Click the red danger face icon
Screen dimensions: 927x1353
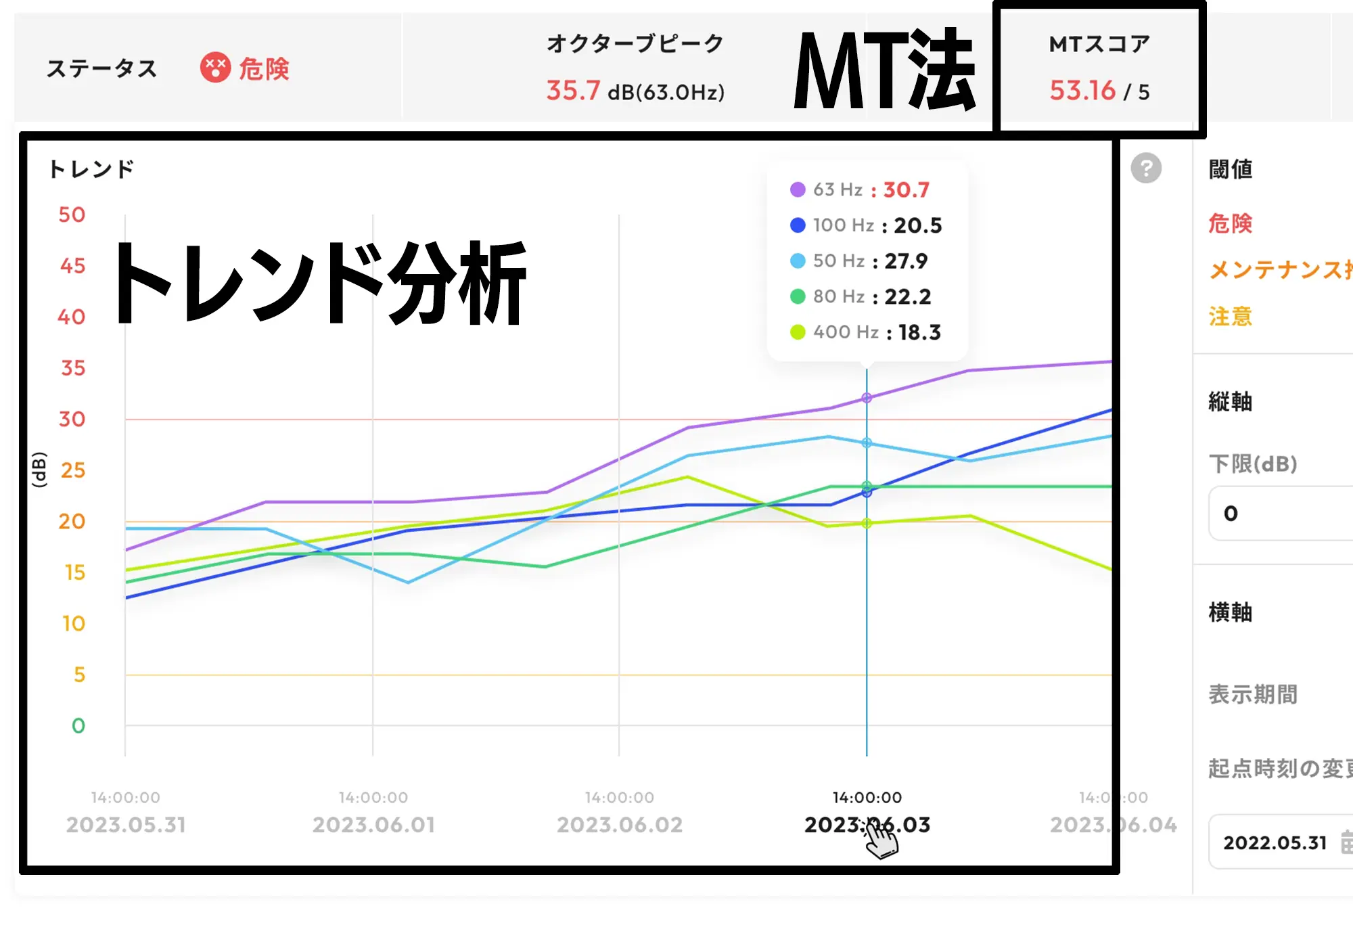pyautogui.click(x=215, y=68)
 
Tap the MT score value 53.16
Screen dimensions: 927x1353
pyautogui.click(x=1082, y=91)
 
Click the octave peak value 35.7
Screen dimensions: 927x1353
pyautogui.click(x=572, y=91)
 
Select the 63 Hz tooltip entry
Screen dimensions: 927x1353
pyautogui.click(x=860, y=190)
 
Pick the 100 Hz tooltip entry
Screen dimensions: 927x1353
pyautogui.click(x=865, y=225)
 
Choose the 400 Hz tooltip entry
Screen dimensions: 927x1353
pyautogui.click(x=865, y=332)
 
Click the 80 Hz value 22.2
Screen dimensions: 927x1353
pyautogui.click(x=907, y=296)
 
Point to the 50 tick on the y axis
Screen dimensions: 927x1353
pyautogui.click(x=72, y=215)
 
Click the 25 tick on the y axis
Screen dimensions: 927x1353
pyautogui.click(x=72, y=470)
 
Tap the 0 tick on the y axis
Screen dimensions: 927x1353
pyautogui.click(x=78, y=726)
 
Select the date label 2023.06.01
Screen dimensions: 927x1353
pyautogui.click(x=373, y=825)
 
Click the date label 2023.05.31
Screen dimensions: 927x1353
pyautogui.click(x=126, y=825)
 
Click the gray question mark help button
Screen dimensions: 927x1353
pyautogui.click(x=1146, y=168)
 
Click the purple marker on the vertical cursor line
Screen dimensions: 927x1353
pyautogui.click(x=867, y=398)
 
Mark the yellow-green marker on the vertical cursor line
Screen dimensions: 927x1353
pyautogui.click(x=867, y=523)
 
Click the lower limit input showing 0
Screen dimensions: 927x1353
pyautogui.click(x=1279, y=514)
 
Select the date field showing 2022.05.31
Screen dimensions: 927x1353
pyautogui.click(x=1275, y=842)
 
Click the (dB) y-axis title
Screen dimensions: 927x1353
pyautogui.click(x=39, y=470)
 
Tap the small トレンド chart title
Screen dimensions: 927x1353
pyautogui.click(x=91, y=169)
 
